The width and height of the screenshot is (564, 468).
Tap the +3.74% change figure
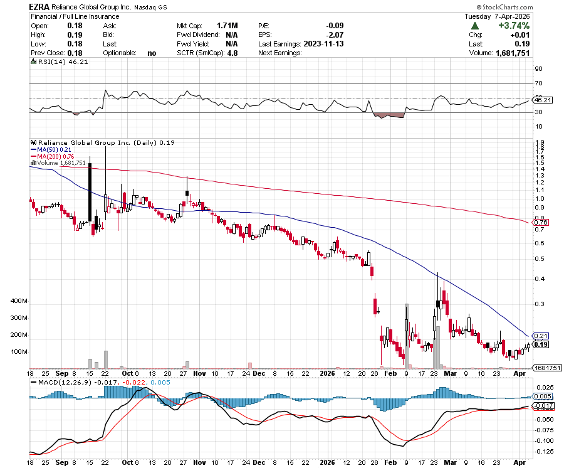(x=513, y=26)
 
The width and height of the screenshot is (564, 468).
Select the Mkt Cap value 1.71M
(x=227, y=26)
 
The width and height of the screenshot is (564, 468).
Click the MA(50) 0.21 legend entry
(x=57, y=149)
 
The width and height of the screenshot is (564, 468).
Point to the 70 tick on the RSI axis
(x=538, y=83)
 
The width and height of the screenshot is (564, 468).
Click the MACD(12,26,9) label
(x=61, y=382)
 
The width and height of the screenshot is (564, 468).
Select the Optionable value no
(x=152, y=53)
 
